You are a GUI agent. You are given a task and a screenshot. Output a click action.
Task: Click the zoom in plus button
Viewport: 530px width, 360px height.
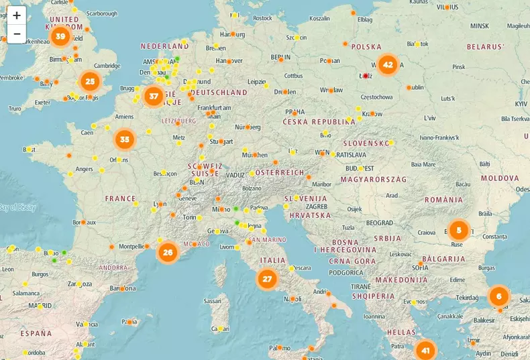click(x=17, y=15)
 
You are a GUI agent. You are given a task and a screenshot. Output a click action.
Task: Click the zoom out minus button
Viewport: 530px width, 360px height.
click(x=17, y=34)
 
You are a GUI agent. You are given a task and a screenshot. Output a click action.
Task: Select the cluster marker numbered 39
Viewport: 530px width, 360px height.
click(x=60, y=36)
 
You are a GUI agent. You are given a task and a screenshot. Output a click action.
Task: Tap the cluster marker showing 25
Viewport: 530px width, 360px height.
click(x=91, y=82)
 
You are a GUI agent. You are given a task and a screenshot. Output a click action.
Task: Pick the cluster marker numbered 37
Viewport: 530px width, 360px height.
click(x=154, y=96)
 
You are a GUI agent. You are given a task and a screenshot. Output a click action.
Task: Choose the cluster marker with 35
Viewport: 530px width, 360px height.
click(x=124, y=139)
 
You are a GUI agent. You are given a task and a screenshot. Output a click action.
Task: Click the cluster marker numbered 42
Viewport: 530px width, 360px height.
click(x=388, y=65)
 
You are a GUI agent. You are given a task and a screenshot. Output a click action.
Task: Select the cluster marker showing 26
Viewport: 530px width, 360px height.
click(x=168, y=253)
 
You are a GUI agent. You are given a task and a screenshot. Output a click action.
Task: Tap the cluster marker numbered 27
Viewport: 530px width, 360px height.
click(x=267, y=279)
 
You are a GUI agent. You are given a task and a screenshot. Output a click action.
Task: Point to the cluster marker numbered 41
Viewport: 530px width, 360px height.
click(x=425, y=350)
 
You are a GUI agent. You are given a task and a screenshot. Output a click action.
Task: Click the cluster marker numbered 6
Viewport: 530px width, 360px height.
click(x=498, y=296)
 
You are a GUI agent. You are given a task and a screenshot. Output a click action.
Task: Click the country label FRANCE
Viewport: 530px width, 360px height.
click(x=120, y=199)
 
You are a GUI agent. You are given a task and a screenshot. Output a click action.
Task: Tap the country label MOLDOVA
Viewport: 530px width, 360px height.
click(x=499, y=178)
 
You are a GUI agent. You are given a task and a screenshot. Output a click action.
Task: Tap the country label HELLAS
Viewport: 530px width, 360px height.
click(x=401, y=332)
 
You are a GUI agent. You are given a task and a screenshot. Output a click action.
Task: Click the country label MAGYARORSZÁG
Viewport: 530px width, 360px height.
click(x=374, y=180)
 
